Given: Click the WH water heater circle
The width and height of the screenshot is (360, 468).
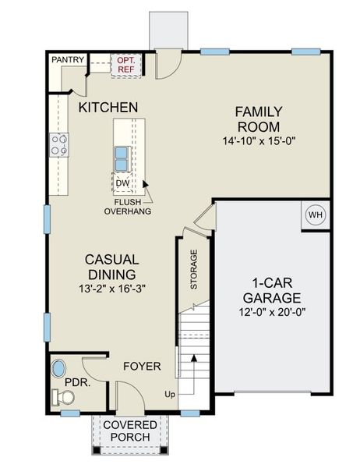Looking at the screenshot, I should [315, 214].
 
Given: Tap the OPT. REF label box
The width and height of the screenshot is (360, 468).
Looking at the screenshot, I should [125, 64].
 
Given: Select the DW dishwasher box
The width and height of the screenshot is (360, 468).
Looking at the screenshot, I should [122, 183].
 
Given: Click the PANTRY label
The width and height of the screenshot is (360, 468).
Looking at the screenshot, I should [68, 59].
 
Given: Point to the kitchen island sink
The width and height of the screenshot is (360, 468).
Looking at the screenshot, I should [122, 158].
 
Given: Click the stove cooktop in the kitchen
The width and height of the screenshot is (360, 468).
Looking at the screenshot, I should [59, 144].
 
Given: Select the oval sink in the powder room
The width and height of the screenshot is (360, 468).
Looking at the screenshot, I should [59, 369].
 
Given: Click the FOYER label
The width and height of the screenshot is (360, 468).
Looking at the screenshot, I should [142, 366].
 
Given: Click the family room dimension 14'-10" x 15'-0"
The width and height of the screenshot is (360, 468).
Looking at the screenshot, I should [259, 140].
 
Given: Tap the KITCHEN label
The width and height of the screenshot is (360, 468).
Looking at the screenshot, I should [108, 107].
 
